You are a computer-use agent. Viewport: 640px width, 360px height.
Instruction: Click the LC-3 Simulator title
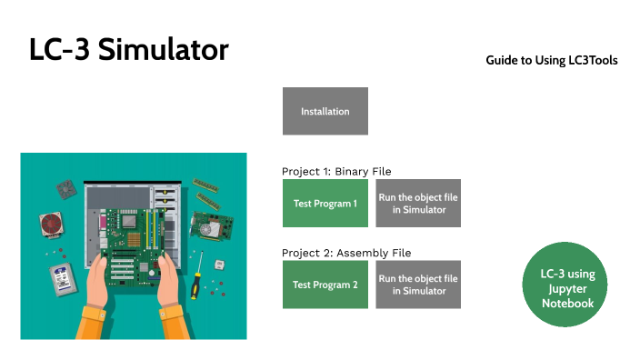tap(128, 51)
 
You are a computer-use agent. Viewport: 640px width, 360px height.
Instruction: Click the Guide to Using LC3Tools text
tap(551, 61)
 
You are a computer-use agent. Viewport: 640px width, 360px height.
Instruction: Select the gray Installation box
tap(325, 111)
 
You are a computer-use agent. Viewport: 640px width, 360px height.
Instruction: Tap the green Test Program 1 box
tap(325, 204)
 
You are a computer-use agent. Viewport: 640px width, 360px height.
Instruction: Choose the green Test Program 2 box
tap(325, 285)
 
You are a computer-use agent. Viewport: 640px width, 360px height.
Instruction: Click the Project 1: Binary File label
tap(335, 171)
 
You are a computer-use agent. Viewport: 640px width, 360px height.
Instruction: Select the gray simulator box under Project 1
tap(418, 204)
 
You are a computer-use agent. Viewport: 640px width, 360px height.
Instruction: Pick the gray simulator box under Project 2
tap(418, 285)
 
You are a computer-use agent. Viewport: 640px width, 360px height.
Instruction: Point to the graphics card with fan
tap(209, 228)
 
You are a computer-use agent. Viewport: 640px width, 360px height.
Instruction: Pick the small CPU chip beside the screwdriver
tap(218, 265)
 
